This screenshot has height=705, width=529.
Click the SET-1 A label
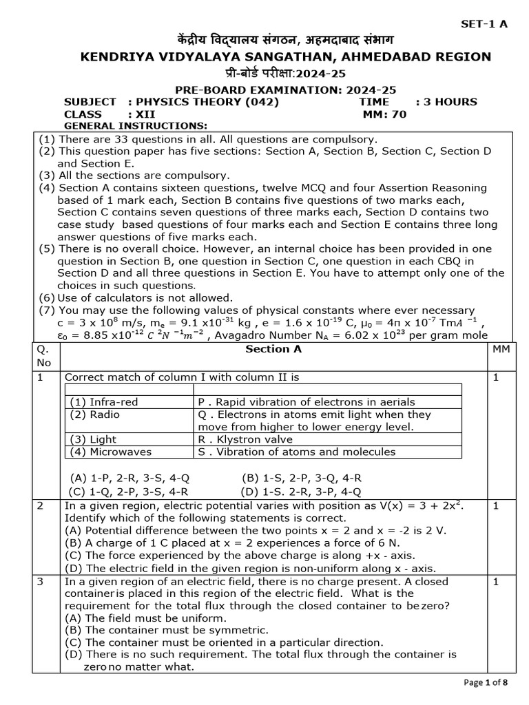[484, 24]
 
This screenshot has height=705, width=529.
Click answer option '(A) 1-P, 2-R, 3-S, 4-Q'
[129, 478]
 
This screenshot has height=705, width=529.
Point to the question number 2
[41, 505]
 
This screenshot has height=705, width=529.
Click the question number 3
[41, 581]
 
